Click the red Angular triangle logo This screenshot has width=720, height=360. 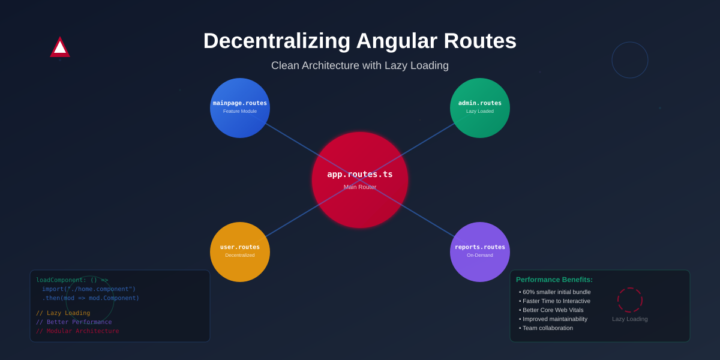point(60,48)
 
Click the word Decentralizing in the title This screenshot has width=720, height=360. point(277,41)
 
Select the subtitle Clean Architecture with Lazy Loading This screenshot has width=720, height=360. point(360,65)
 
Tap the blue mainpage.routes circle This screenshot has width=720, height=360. point(240,108)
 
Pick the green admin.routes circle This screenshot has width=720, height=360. point(480,108)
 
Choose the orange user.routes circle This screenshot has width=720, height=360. point(240,252)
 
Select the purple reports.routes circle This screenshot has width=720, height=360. point(480,252)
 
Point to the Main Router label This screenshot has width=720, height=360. point(360,187)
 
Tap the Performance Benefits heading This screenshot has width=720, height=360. point(554,280)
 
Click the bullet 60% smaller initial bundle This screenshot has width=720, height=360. point(556,292)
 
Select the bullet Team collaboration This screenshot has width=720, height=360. point(547,328)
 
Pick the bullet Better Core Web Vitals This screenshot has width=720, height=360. point(553,310)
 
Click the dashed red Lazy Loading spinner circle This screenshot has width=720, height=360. point(630,300)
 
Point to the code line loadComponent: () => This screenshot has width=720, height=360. point(72,280)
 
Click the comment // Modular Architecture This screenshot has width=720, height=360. point(77,331)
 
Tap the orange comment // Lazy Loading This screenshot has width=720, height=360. point(63,313)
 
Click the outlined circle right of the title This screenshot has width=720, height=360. point(630,60)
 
